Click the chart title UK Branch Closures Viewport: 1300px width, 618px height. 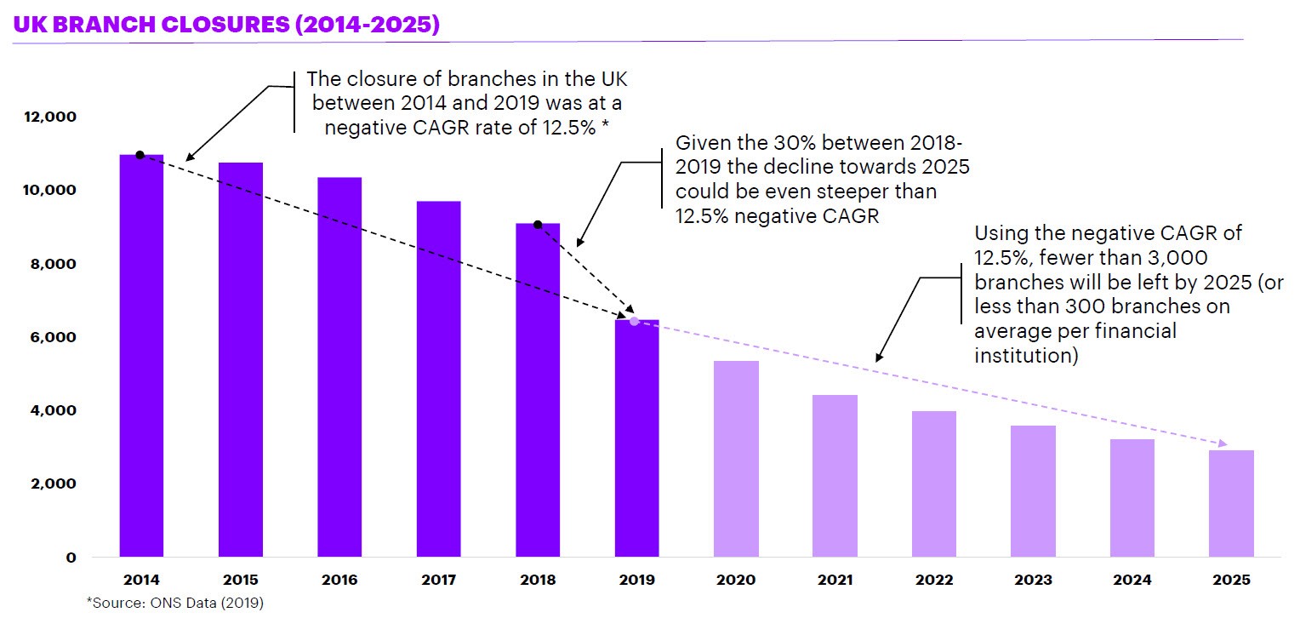coord(225,25)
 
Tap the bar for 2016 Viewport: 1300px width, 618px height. coord(339,367)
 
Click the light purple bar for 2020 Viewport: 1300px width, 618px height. coord(736,459)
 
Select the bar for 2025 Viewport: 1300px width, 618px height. coord(1232,503)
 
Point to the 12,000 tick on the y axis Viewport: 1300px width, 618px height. coord(54,117)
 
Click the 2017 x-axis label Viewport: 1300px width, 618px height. coord(439,581)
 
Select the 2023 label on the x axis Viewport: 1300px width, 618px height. coord(1034,581)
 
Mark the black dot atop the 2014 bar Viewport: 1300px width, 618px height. coord(140,155)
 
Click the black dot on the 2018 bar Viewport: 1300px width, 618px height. coord(538,225)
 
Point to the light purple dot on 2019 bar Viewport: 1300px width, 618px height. coord(634,321)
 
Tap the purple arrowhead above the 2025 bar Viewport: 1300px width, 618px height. coord(1223,443)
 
